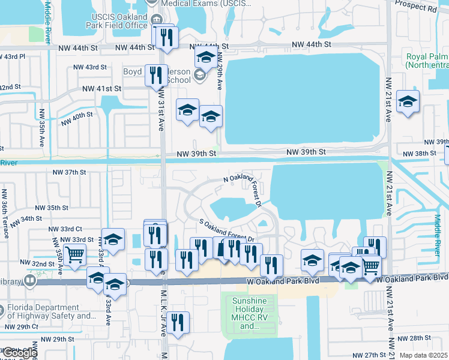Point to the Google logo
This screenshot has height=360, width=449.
[19, 353]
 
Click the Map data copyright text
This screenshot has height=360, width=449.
[423, 355]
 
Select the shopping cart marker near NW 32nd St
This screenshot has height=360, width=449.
[74, 254]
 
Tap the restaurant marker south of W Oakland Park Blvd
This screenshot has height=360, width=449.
[178, 322]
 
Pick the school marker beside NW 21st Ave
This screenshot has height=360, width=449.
[408, 102]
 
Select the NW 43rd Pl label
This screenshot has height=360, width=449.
[12, 56]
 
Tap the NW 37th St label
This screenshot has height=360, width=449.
[70, 172]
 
